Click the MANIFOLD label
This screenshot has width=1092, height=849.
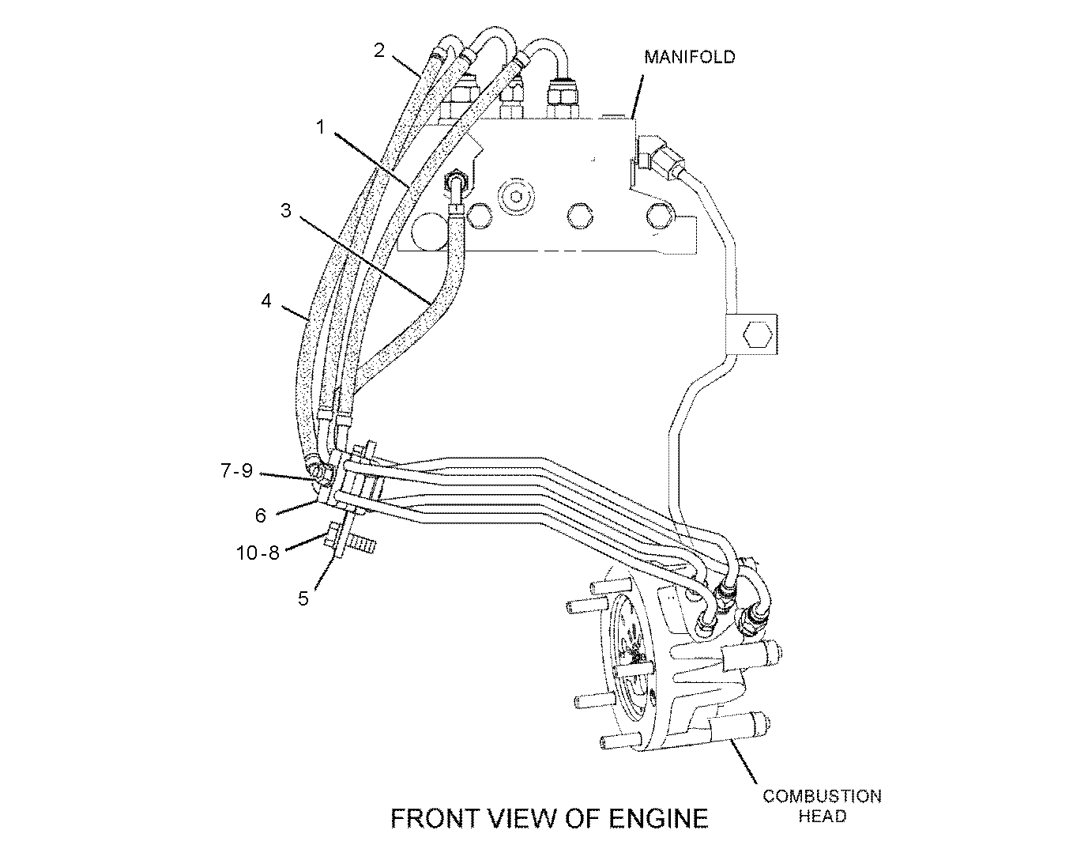pos(689,57)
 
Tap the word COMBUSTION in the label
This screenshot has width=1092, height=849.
pos(822,796)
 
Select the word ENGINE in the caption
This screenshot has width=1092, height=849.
pos(659,818)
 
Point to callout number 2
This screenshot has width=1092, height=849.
pos(379,51)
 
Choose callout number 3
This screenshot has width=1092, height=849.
pos(285,210)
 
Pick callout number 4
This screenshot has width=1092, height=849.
pos(266,300)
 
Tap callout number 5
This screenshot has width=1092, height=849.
pos(303,598)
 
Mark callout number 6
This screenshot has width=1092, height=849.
pos(260,515)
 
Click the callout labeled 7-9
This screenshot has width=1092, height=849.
pos(237,470)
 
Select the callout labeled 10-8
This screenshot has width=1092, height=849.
pos(258,553)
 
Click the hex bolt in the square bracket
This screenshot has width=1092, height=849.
pos(758,334)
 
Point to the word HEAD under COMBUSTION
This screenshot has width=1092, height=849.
pos(822,817)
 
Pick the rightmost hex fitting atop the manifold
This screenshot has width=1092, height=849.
pos(562,99)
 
